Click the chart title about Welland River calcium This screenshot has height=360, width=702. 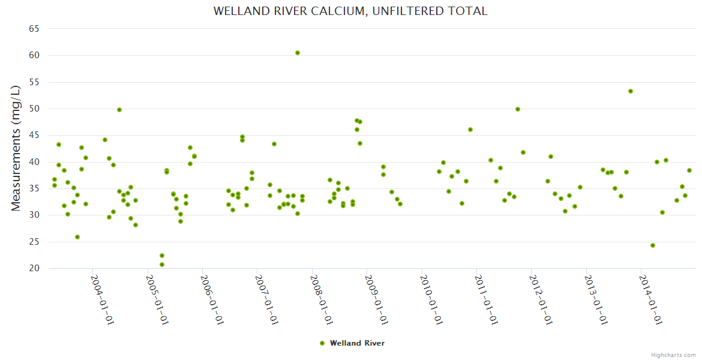(350, 11)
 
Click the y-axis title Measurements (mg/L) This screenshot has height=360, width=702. (16, 148)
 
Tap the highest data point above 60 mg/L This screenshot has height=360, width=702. (298, 53)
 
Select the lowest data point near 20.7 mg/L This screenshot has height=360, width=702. (162, 265)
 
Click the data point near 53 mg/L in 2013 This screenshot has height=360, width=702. (631, 91)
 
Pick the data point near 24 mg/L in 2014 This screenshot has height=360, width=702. (653, 245)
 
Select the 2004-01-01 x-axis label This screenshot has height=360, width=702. (102, 299)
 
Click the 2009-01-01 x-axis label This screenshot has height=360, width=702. (376, 299)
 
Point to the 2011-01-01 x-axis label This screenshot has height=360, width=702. (486, 299)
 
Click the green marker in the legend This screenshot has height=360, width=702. (322, 343)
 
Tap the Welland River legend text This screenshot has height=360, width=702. (357, 343)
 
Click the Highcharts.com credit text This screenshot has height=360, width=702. (673, 355)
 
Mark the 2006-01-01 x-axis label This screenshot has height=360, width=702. (212, 299)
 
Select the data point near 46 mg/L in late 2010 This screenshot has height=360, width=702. (470, 130)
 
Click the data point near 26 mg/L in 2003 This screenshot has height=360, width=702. (77, 237)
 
